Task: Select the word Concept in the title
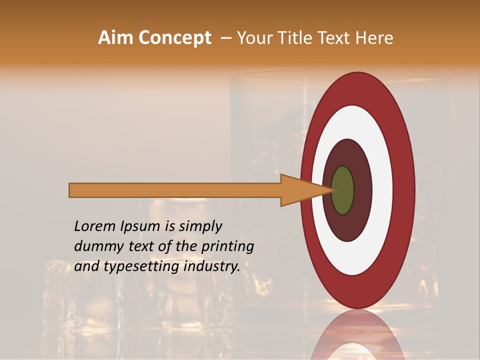(174, 38)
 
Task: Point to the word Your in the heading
(255, 38)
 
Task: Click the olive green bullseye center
(343, 190)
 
